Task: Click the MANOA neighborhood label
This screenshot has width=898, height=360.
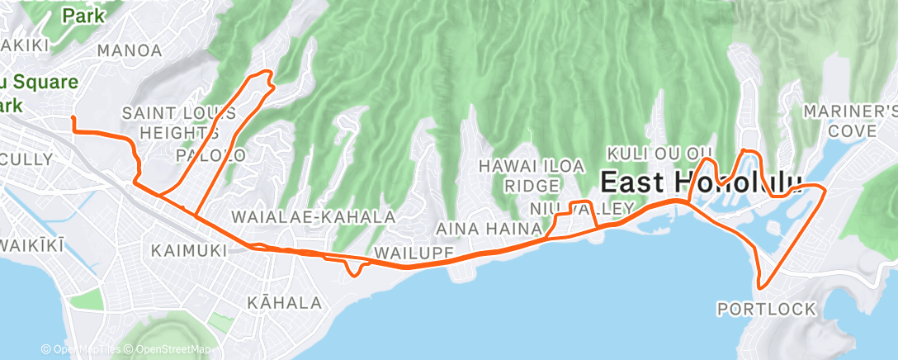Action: tap(130, 50)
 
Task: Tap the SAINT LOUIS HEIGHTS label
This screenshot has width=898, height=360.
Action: tap(180, 121)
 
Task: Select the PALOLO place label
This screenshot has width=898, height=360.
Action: tap(211, 154)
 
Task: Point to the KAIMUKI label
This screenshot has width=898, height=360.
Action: tap(190, 249)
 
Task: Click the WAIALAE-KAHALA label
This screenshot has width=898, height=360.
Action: tap(314, 216)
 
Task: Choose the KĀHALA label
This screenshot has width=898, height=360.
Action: tap(284, 303)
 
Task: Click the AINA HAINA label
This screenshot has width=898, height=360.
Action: tap(488, 227)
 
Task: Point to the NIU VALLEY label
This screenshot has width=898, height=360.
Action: tap(583, 208)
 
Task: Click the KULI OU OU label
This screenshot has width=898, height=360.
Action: tap(659, 153)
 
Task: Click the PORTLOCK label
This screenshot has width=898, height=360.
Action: tap(767, 309)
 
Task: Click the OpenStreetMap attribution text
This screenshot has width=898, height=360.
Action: tap(172, 350)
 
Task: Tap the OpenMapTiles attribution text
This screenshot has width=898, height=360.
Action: tap(85, 350)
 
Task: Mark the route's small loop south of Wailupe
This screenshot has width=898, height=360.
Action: tap(354, 272)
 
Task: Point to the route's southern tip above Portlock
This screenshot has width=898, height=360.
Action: tap(760, 285)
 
